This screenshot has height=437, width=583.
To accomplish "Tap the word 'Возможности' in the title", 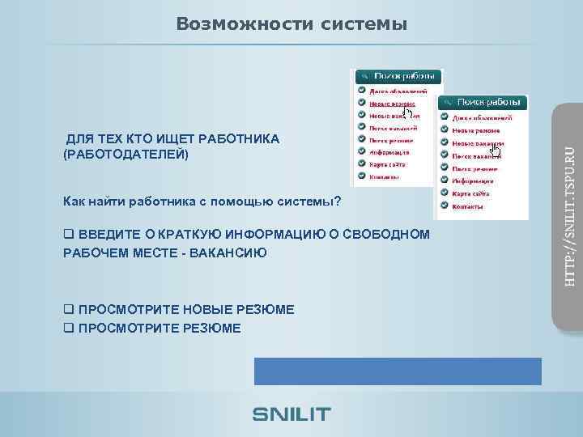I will click(x=241, y=25).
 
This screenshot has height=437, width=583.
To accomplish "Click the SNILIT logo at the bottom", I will click(x=291, y=414).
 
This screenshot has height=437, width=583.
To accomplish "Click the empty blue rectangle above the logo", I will click(x=398, y=371).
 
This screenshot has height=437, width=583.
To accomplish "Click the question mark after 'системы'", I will click(x=338, y=201).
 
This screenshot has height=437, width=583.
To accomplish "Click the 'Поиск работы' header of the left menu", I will click(x=402, y=76).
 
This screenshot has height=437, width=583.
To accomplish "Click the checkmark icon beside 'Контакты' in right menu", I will click(x=445, y=206).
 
